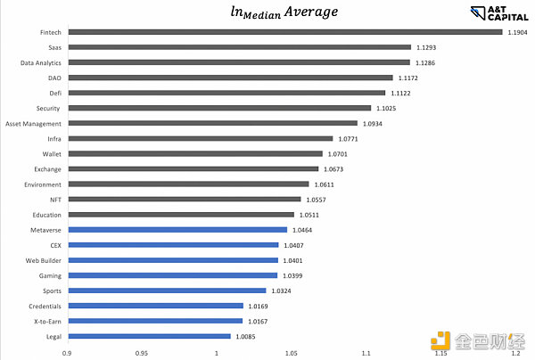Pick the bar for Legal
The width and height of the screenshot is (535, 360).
click(148, 336)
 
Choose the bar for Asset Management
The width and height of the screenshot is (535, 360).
click(211, 123)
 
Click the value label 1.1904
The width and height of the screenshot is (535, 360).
click(517, 32)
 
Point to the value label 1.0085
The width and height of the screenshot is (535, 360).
click(247, 336)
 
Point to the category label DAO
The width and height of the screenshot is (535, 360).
click(53, 78)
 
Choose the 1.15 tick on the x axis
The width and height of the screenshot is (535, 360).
click(440, 353)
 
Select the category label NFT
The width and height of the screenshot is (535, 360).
click(53, 199)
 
